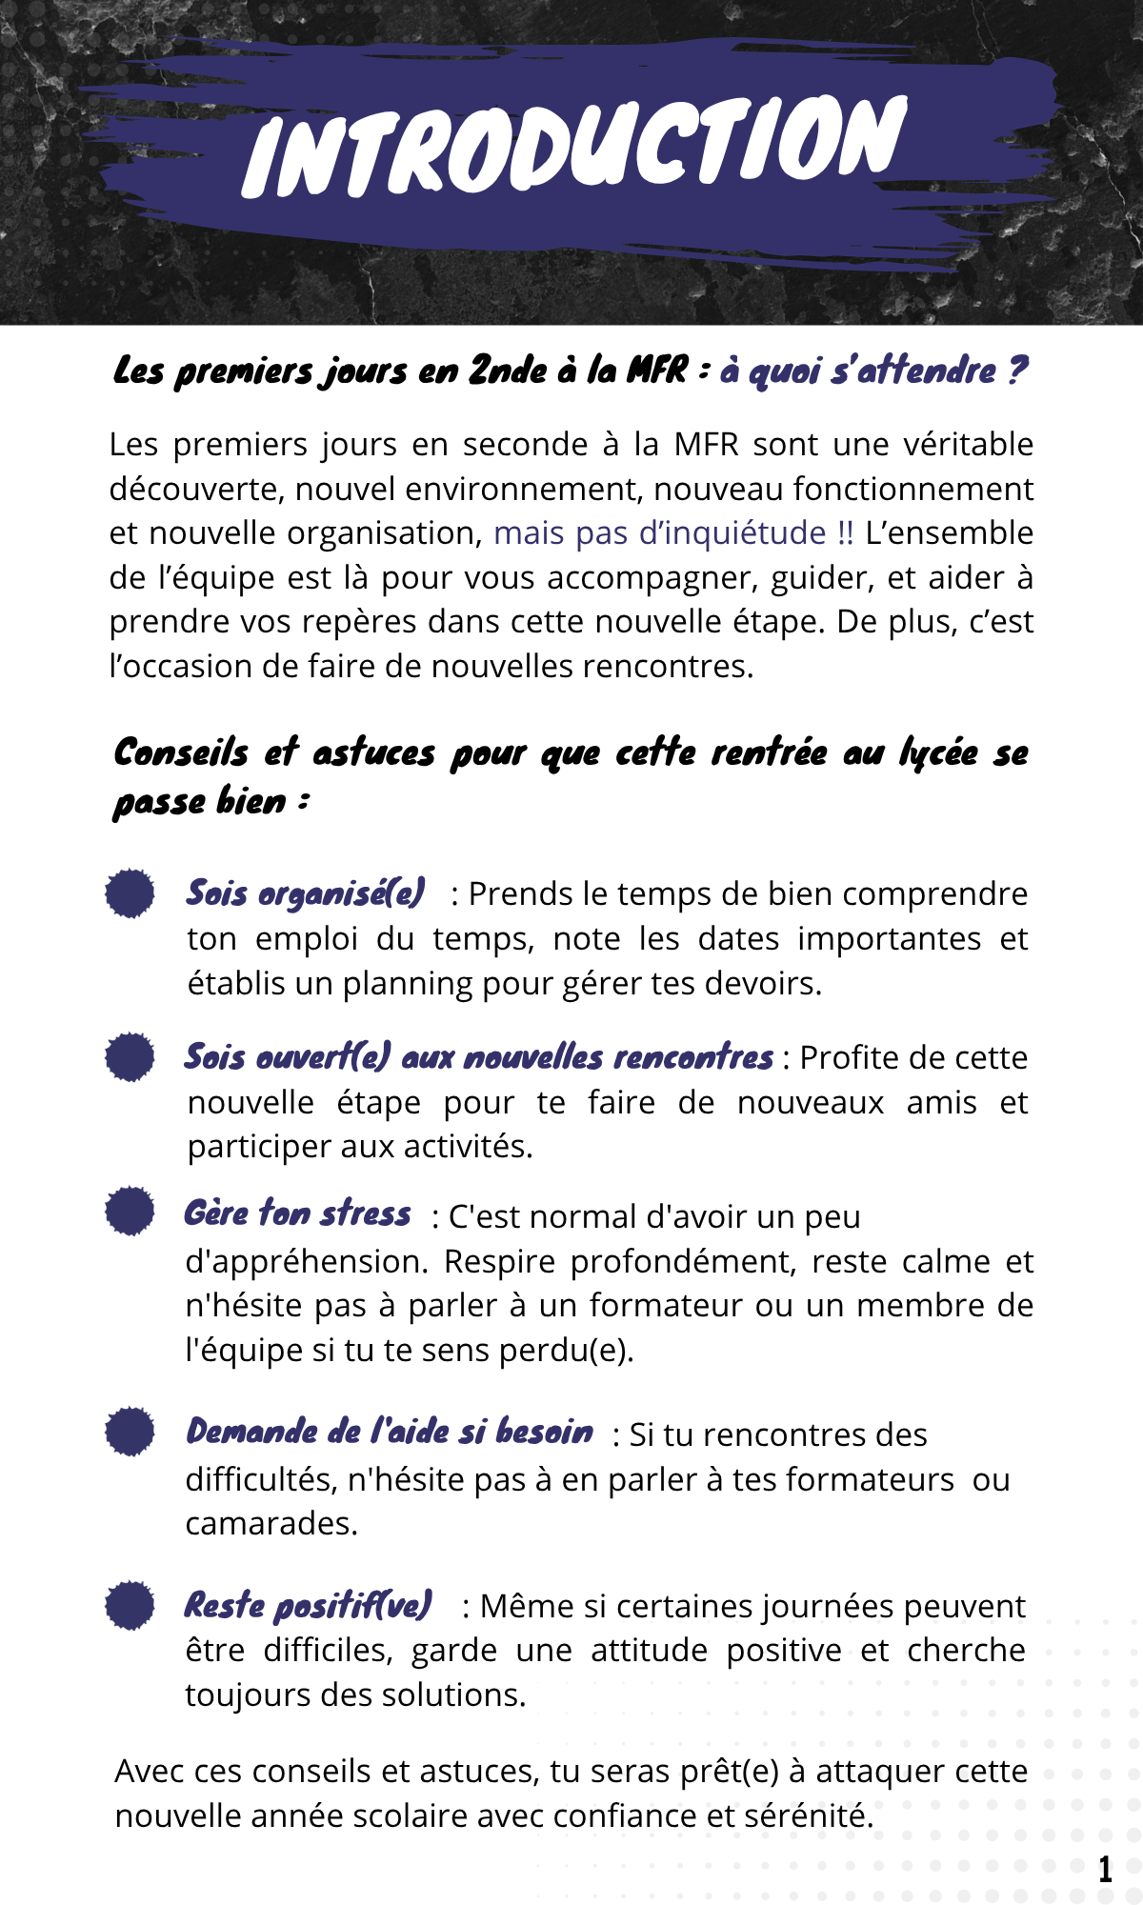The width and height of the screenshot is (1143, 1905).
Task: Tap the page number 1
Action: (1105, 1869)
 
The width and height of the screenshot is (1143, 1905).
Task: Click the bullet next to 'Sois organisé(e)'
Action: (130, 893)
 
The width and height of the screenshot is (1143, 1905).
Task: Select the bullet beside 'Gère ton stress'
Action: (130, 1211)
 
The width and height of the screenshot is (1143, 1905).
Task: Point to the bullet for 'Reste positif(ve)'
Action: (130, 1605)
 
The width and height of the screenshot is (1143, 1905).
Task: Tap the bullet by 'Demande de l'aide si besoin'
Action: (130, 1431)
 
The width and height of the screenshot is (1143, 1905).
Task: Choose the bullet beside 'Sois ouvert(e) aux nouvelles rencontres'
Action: (130, 1056)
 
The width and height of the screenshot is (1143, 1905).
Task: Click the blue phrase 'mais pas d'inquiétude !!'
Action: (673, 532)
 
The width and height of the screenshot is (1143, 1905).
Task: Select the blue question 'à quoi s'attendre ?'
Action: (873, 370)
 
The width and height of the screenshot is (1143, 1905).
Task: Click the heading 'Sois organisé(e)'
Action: (305, 893)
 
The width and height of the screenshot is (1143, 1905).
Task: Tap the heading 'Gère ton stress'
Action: (297, 1213)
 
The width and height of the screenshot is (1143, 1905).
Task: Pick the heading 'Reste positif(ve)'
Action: (308, 1606)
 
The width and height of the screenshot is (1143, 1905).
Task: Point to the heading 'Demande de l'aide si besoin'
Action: (389, 1432)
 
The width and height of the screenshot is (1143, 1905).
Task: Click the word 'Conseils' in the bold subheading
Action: (181, 752)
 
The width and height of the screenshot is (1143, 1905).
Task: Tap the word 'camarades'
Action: (271, 1524)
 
